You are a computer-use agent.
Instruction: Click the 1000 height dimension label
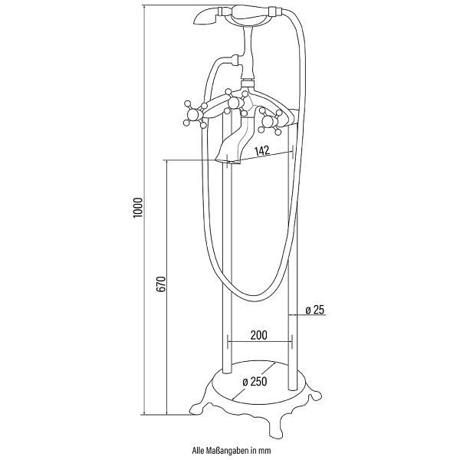coord(137,208)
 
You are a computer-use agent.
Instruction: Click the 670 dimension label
coord(161,284)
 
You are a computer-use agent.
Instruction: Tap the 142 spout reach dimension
coord(261,151)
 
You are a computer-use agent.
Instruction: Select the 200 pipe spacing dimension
coord(259,335)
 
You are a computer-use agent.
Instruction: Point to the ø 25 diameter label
coord(315,310)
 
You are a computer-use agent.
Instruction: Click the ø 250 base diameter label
coord(255,382)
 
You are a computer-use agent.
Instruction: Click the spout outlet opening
coord(228,161)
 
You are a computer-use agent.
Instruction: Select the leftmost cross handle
coord(195,114)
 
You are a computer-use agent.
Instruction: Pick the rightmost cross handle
coord(270,121)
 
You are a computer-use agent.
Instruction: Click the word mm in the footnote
coord(267,451)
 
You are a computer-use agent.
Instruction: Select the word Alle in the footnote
coord(198,450)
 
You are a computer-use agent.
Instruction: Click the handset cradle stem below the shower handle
coord(248,53)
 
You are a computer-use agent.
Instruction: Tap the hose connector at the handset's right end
coord(276,12)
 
